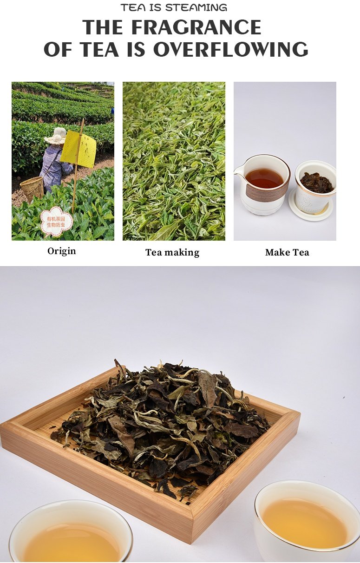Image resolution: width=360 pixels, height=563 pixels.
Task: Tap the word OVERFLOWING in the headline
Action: coord(231,49)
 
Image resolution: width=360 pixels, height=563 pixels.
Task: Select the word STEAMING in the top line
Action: coord(196,7)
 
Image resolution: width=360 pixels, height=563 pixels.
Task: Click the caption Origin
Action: coord(62,251)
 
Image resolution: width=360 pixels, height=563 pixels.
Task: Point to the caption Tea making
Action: coord(172,252)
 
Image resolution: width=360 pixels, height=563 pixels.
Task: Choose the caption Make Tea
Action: coord(287,252)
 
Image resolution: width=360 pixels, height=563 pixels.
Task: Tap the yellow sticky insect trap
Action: coord(79,149)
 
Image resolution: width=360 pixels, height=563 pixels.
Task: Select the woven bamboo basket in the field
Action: coord(32,189)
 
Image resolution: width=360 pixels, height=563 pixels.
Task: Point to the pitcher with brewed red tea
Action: coord(262,184)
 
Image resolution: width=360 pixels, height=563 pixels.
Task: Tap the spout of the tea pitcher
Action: coord(237,170)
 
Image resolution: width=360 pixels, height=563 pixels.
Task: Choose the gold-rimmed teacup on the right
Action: coord(307,520)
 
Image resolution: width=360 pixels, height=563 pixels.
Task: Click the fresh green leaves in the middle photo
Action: coord(174,161)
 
